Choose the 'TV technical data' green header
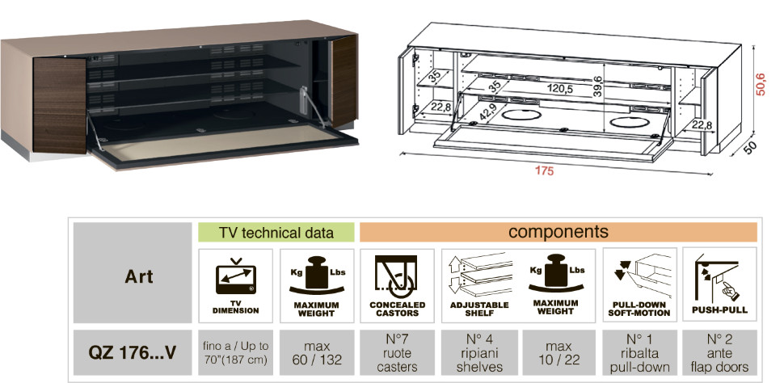tap(276, 233)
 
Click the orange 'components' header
tap(558, 232)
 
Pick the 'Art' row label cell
tap(133, 276)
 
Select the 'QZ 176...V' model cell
tap(133, 352)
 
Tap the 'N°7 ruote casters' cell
tap(398, 352)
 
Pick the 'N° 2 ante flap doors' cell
tap(719, 352)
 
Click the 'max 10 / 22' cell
tap(558, 352)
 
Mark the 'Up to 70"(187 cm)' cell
tap(236, 352)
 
